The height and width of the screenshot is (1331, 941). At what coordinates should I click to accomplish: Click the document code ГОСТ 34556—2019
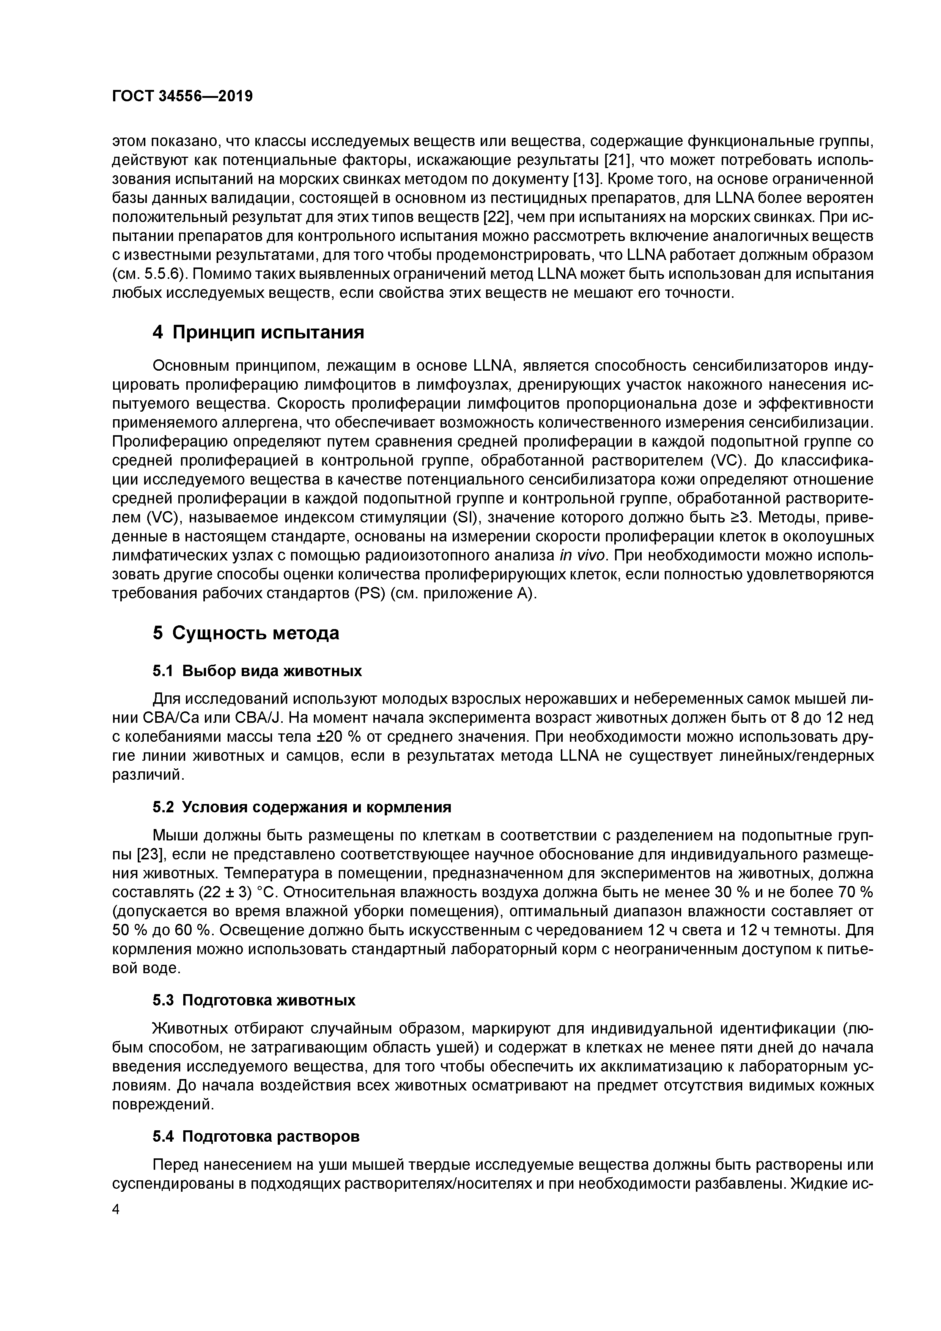tap(182, 96)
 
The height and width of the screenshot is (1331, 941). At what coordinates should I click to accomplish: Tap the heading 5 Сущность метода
tap(246, 633)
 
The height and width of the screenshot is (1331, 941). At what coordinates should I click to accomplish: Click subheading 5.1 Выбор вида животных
tap(257, 671)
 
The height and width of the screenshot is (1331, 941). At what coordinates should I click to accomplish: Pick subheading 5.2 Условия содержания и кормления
tap(302, 807)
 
